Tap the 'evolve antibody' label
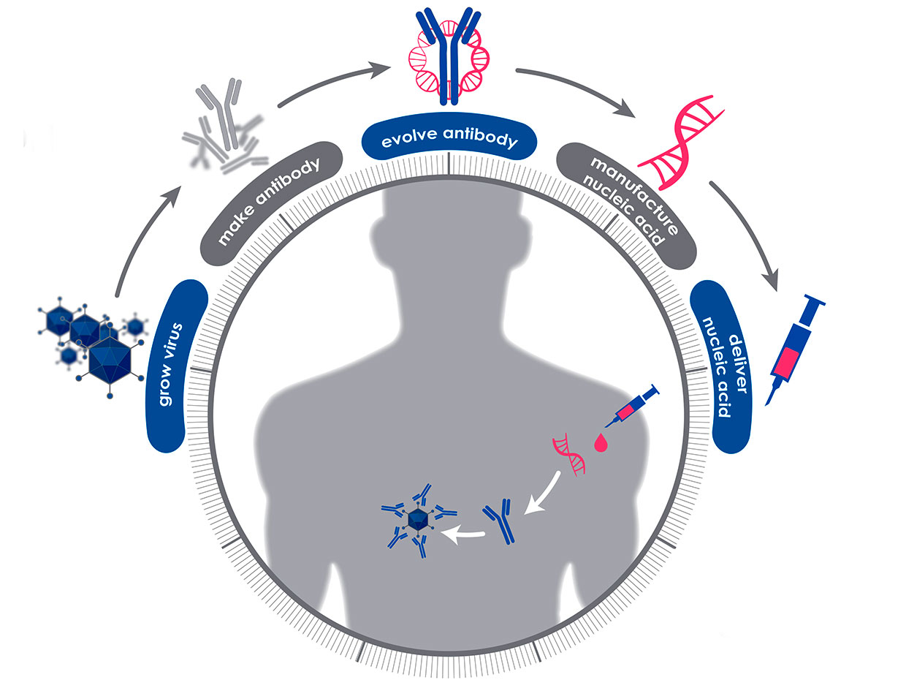tap(449, 140)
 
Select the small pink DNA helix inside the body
tap(571, 454)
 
